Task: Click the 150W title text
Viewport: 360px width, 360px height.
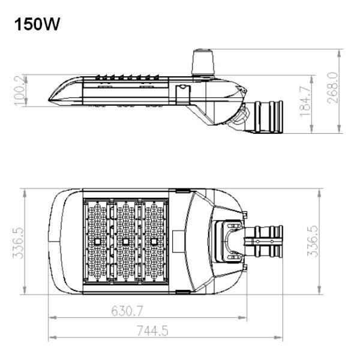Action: pyautogui.click(x=37, y=24)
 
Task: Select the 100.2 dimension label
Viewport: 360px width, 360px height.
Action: pyautogui.click(x=20, y=91)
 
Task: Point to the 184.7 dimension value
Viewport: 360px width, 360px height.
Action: pyautogui.click(x=305, y=101)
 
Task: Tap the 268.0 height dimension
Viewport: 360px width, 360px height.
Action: pyautogui.click(x=333, y=88)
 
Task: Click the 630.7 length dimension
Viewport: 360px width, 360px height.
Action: pyautogui.click(x=127, y=311)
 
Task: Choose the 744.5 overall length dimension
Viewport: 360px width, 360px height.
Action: pyautogui.click(x=152, y=331)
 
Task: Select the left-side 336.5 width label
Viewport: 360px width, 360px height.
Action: pyautogui.click(x=18, y=242)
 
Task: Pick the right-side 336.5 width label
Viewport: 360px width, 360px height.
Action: pyautogui.click(x=313, y=241)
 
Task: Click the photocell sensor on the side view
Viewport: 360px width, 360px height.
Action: pyautogui.click(x=203, y=62)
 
